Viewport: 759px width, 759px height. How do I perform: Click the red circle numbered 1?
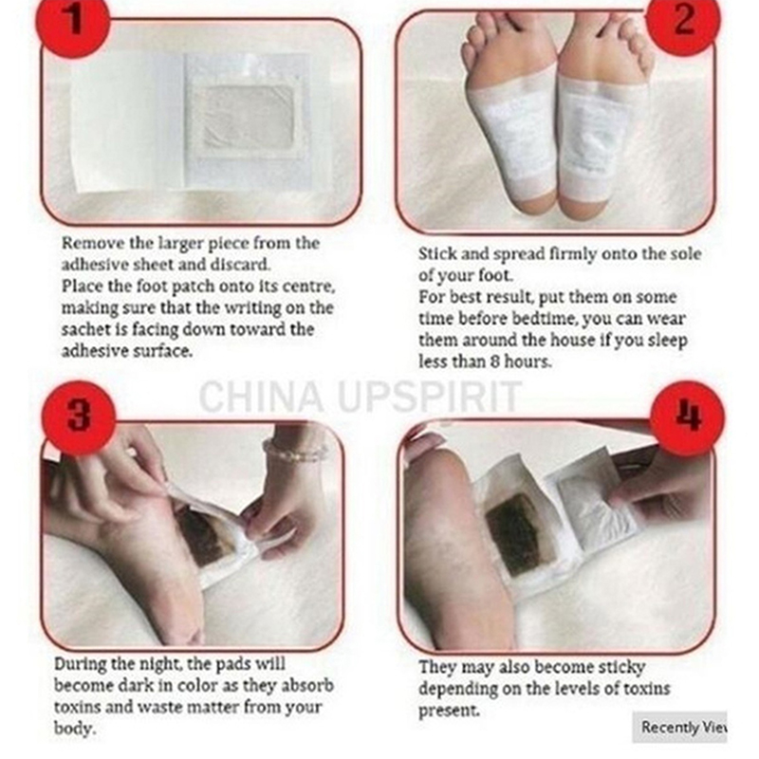click(73, 22)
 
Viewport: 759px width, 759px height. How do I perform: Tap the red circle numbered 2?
click(683, 20)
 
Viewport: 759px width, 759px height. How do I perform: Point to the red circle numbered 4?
click(687, 417)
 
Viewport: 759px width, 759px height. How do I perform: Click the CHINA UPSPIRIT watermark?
click(361, 397)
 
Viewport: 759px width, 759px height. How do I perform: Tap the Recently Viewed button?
click(679, 727)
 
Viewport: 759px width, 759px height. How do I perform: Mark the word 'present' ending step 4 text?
click(449, 711)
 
